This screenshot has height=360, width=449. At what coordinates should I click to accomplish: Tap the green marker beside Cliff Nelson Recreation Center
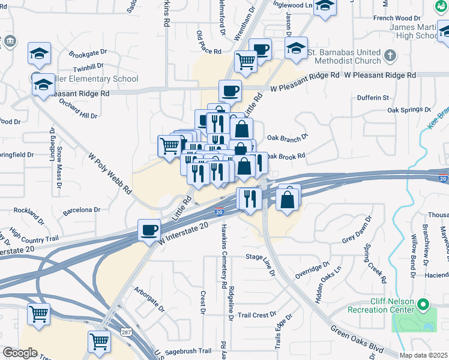[424, 305]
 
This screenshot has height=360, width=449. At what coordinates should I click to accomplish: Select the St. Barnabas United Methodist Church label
[345, 56]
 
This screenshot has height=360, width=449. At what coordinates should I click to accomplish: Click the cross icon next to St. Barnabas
[390, 56]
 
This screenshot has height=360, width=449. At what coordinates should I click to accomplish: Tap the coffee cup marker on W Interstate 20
[149, 229]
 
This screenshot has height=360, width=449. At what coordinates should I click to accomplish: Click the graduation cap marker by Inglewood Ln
[325, 6]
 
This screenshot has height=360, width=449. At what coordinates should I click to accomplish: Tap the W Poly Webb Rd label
[110, 173]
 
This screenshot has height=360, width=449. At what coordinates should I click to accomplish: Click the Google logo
[20, 353]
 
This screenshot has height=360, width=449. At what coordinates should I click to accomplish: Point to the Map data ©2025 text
[424, 355]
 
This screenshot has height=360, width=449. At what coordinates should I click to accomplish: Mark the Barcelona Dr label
[81, 210]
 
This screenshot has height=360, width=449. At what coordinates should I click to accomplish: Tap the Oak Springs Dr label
[409, 110]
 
